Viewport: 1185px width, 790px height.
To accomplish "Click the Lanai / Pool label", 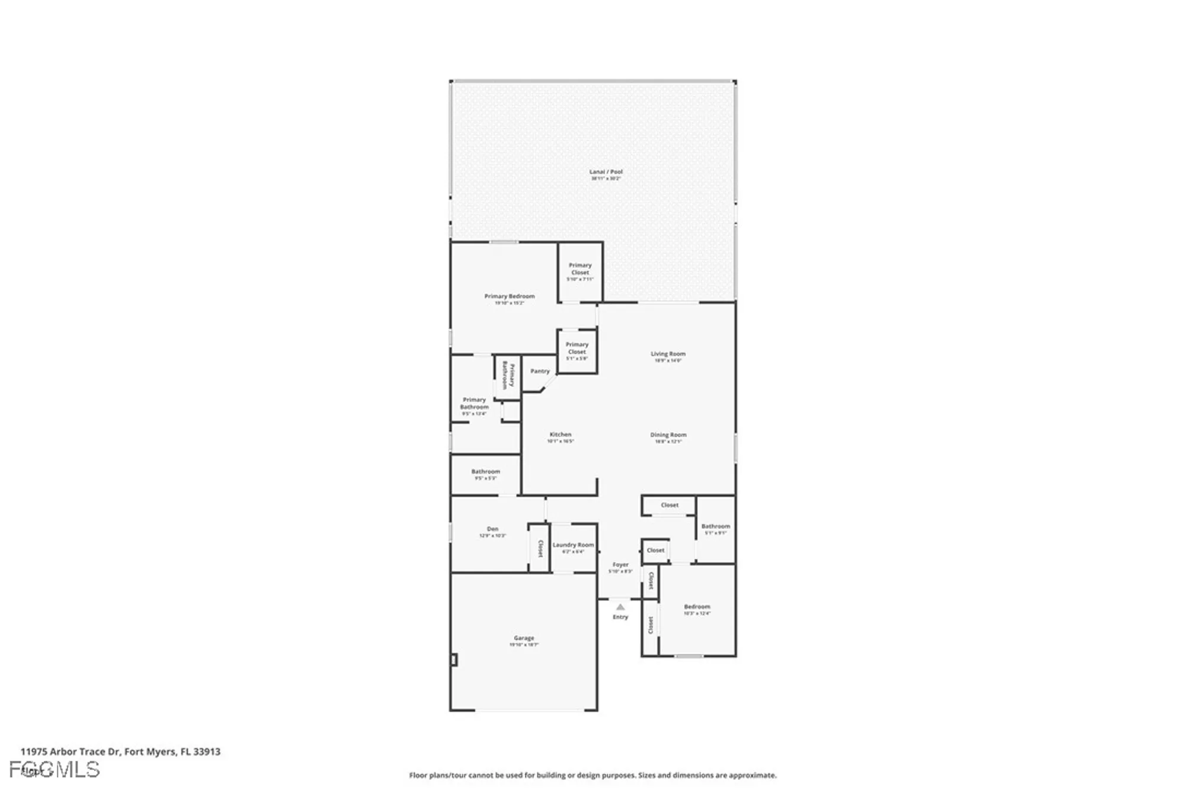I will tap(606, 172).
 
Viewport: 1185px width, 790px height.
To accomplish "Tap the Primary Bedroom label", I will tap(509, 296).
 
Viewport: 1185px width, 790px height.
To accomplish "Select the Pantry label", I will tap(540, 372).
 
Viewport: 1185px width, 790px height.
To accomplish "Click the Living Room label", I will tap(668, 354).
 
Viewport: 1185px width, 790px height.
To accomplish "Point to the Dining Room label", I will tap(668, 435).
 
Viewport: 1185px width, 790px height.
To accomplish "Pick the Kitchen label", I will tap(560, 434).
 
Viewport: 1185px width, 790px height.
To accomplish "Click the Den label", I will tap(492, 529).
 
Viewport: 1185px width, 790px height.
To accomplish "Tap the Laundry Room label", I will tap(573, 545).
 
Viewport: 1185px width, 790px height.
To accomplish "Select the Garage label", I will tap(524, 638).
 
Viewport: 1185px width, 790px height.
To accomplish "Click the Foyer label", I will tap(620, 565).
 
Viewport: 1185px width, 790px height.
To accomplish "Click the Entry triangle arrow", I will tap(620, 607).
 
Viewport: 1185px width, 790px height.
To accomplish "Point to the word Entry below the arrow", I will tap(620, 617).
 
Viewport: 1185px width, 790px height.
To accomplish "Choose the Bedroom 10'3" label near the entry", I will tap(697, 607).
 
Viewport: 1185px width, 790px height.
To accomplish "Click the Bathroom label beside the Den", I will tap(485, 472).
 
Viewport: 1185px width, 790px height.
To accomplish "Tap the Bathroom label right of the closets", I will tap(715, 526).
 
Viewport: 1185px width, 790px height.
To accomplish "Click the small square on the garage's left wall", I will tap(454, 660).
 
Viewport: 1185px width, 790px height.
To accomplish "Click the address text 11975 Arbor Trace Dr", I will tap(120, 751).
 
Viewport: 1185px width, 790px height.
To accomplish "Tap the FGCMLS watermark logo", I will tap(55, 769).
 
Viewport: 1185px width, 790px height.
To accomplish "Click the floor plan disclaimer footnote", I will tap(592, 775).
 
